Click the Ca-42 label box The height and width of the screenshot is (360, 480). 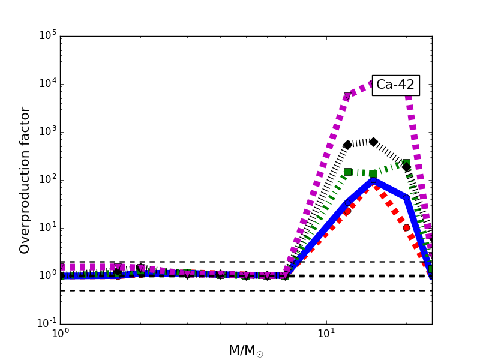(x=395, y=85)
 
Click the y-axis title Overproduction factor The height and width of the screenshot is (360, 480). (x=25, y=180)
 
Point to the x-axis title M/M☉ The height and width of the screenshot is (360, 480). (x=246, y=350)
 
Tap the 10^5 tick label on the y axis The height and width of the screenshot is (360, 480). (x=46, y=35)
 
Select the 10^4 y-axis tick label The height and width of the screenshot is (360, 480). (x=46, y=83)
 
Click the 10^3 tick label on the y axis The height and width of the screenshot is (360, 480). (x=46, y=131)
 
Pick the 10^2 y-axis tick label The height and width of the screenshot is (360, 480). (x=46, y=179)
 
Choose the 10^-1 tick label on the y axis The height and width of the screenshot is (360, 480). (x=45, y=323)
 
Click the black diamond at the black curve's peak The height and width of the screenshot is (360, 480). (x=373, y=142)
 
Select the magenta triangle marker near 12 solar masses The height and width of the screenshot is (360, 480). (x=347, y=96)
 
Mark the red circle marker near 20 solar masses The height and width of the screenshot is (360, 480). (x=406, y=227)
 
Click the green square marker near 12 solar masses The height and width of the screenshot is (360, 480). (x=347, y=172)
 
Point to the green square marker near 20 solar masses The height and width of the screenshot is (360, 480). (x=406, y=163)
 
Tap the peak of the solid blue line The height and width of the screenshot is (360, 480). (x=373, y=180)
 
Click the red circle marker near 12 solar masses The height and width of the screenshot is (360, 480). (x=347, y=211)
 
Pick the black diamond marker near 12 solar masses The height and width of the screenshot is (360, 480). (x=347, y=145)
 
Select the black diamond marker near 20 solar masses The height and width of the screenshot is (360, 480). (x=406, y=167)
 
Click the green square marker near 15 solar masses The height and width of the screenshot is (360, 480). (x=373, y=173)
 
